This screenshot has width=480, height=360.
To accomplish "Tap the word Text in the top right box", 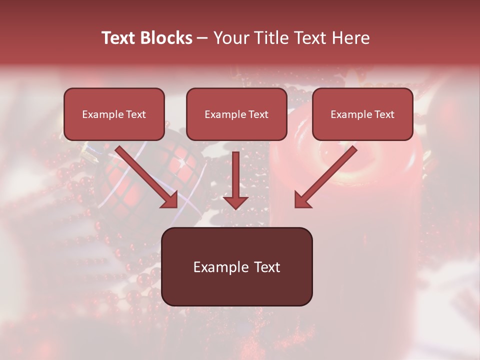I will [x=384, y=114].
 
